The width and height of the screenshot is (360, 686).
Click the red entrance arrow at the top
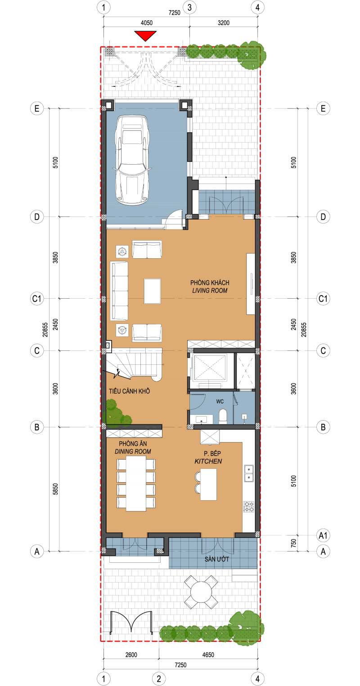pyautogui.click(x=145, y=36)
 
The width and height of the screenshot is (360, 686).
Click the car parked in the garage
pyautogui.click(x=132, y=160)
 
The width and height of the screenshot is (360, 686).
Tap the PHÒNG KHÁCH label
pyautogui.click(x=210, y=282)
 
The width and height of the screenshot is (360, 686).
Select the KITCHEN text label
pyautogui.click(x=208, y=461)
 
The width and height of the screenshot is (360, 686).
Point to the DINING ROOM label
pyautogui.click(x=133, y=452)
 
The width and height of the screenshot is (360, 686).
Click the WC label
pyautogui.click(x=220, y=402)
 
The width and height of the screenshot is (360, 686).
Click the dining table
pyautogui.click(x=136, y=485)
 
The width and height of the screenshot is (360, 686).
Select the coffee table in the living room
pyautogui.click(x=152, y=291)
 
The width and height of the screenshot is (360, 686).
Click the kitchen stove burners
pyautogui.click(x=249, y=507)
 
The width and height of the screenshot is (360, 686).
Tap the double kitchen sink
pyautogui.click(x=249, y=474)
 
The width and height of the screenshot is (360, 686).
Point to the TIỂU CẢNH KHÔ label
pyautogui.click(x=130, y=391)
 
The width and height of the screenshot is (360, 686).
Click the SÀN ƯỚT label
pyautogui.click(x=217, y=559)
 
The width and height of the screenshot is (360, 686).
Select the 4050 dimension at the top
pyautogui.click(x=147, y=23)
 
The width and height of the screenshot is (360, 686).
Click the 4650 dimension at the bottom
pyautogui.click(x=208, y=655)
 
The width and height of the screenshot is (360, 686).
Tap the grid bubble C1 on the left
pyautogui.click(x=37, y=299)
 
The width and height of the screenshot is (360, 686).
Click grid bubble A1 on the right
pyautogui.click(x=323, y=536)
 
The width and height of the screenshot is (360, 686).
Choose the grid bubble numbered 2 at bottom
pyautogui.click(x=159, y=679)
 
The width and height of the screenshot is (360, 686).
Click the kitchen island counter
pyautogui.click(x=208, y=484)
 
